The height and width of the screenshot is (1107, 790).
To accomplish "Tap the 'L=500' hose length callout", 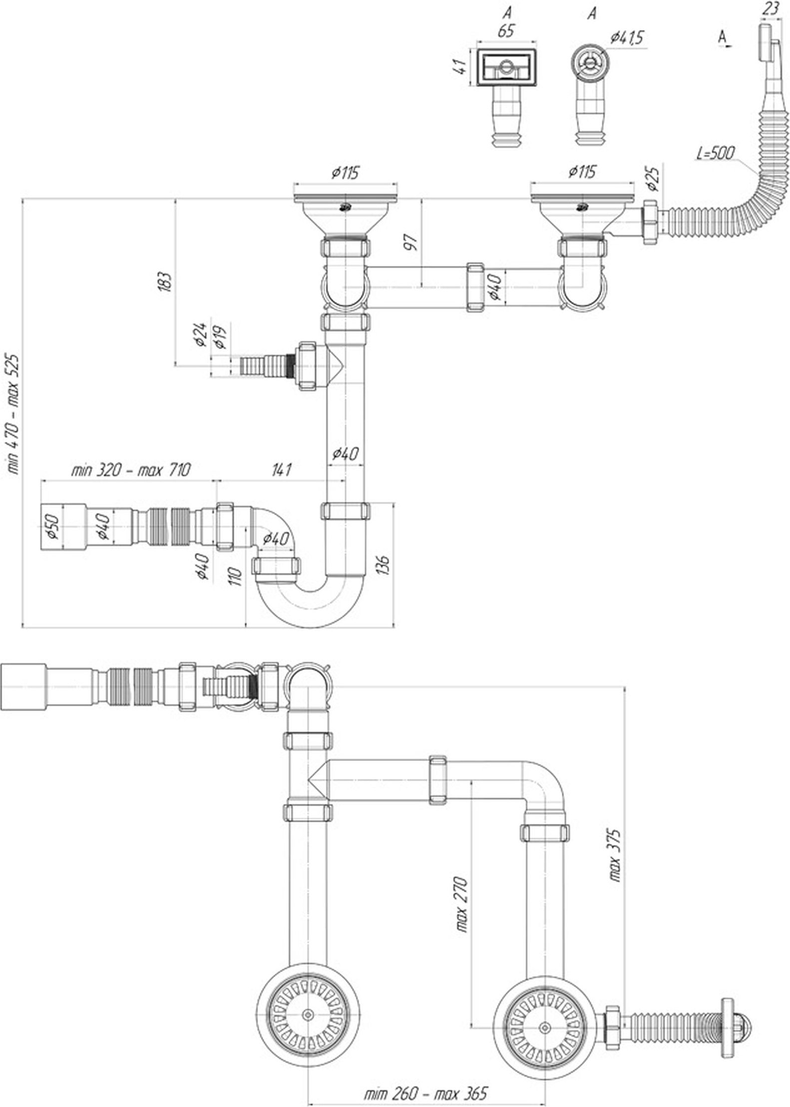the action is [x=715, y=152].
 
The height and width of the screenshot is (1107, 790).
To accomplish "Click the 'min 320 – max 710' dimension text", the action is [x=131, y=469].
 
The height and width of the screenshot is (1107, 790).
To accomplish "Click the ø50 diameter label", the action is [x=54, y=527].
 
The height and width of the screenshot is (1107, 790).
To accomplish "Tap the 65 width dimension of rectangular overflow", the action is [x=506, y=31].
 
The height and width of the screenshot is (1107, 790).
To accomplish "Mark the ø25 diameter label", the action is [x=655, y=178].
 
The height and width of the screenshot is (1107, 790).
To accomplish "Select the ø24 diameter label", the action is [x=201, y=335].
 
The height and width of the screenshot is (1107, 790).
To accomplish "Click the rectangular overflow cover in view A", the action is [x=506, y=66].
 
